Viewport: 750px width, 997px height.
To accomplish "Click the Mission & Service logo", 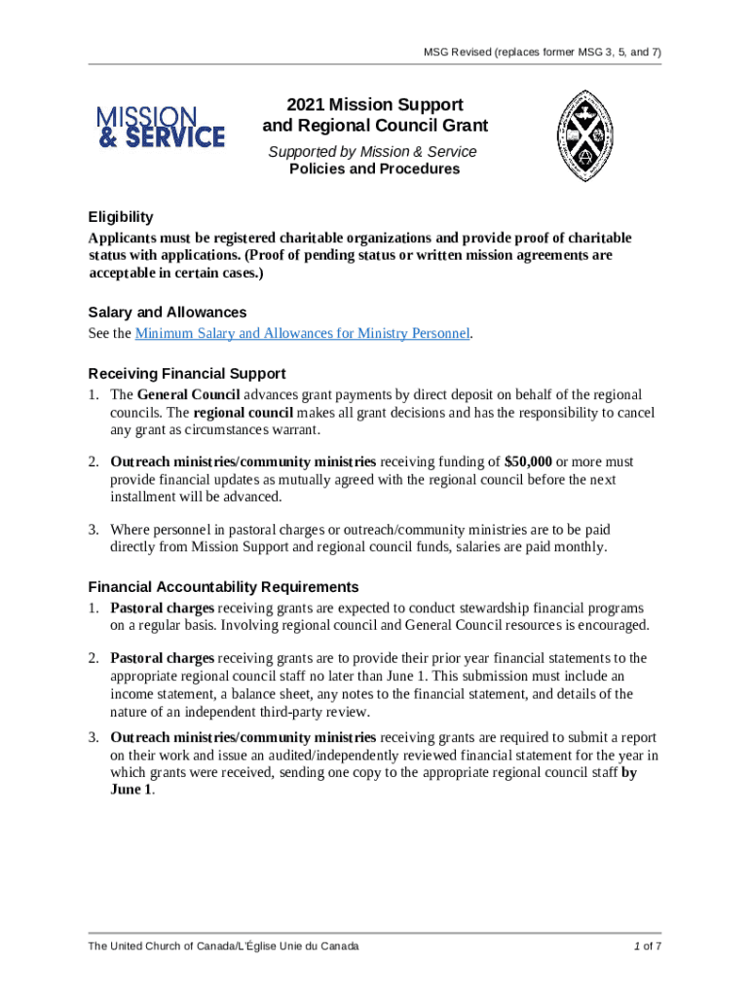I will tap(160, 128).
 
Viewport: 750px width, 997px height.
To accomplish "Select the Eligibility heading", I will tap(121, 217).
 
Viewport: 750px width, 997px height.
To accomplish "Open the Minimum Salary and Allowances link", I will tap(303, 334).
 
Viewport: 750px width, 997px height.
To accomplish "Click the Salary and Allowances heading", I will tap(167, 313).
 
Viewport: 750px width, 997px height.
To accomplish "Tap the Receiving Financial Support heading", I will tap(186, 374).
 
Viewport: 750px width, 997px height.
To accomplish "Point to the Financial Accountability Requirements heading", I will tap(223, 587).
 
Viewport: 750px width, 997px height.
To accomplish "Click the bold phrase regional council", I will tap(249, 413).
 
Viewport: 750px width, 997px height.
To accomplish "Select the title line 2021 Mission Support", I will tap(374, 104).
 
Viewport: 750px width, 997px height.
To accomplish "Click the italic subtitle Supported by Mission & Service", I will tap(373, 152).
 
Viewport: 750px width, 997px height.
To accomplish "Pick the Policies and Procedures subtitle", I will tap(374, 169).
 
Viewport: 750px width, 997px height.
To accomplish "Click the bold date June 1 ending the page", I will tap(131, 790).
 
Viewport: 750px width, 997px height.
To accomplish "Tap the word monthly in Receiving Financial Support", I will tap(581, 547).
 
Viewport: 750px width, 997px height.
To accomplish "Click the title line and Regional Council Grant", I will tap(375, 126).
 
